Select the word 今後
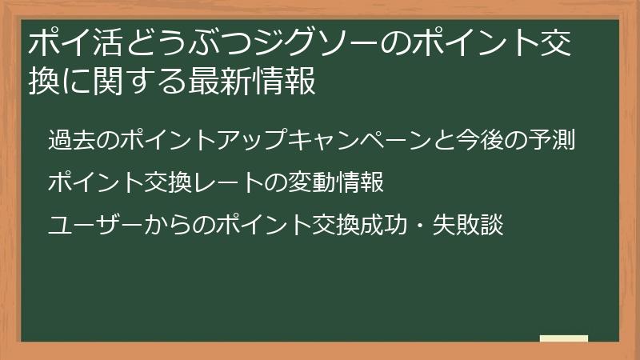point(482,140)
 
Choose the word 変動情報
point(338,182)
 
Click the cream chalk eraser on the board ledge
point(563,338)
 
